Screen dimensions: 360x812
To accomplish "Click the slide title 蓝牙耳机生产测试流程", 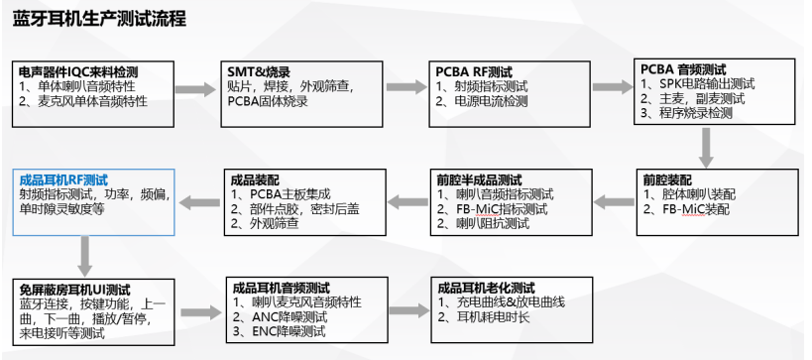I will (100, 20).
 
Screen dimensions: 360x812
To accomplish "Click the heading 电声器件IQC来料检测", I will (78, 72).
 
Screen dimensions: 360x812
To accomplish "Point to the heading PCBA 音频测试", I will (683, 69).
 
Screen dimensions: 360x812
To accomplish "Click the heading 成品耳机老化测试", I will (486, 289).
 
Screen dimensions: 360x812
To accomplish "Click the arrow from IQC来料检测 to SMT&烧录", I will (196, 90).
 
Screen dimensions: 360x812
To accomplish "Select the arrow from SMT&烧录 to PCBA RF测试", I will (406, 90).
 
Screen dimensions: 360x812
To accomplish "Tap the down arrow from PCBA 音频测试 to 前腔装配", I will (706, 148).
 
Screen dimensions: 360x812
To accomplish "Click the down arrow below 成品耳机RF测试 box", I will (86, 256).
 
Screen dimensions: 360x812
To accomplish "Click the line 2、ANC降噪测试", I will (284, 316).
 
